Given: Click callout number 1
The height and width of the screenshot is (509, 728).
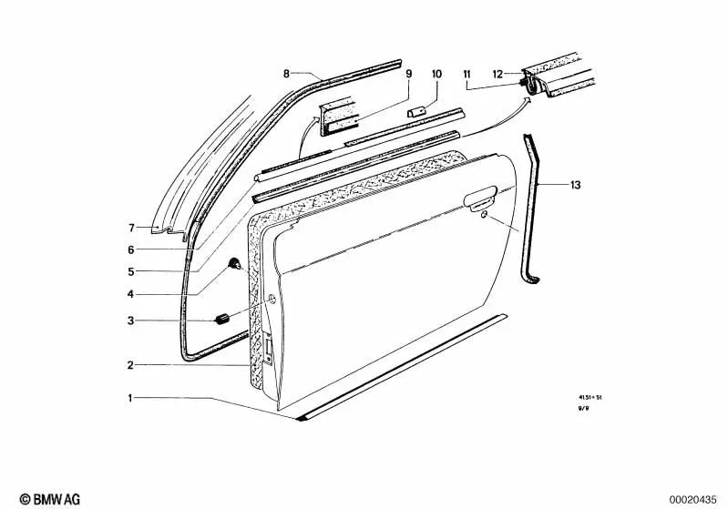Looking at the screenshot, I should point(131,398).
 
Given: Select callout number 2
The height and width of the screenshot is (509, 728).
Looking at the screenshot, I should point(131,365).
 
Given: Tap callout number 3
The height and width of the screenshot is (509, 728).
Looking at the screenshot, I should point(131,321).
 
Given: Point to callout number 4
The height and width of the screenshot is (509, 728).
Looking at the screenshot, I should point(131,294).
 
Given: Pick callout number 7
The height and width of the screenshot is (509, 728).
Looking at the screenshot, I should point(131,228).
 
